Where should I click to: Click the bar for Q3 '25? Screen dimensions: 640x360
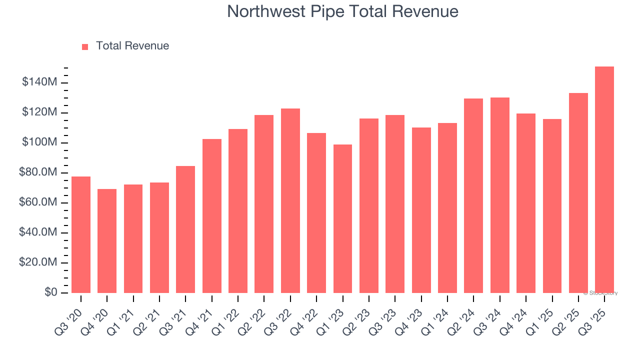coord(604,180)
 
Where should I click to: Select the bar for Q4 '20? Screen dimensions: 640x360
coord(107,241)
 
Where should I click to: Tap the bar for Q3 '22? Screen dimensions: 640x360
coord(290,200)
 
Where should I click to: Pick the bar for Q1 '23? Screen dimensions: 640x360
coord(342,218)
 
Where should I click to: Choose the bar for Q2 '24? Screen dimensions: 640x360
coord(473,195)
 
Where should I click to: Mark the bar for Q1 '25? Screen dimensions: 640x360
coord(552,206)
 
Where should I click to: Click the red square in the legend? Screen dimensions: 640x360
coord(85,46)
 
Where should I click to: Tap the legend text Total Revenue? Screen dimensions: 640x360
coord(132,46)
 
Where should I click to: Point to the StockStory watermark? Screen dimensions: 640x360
coord(600,293)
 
